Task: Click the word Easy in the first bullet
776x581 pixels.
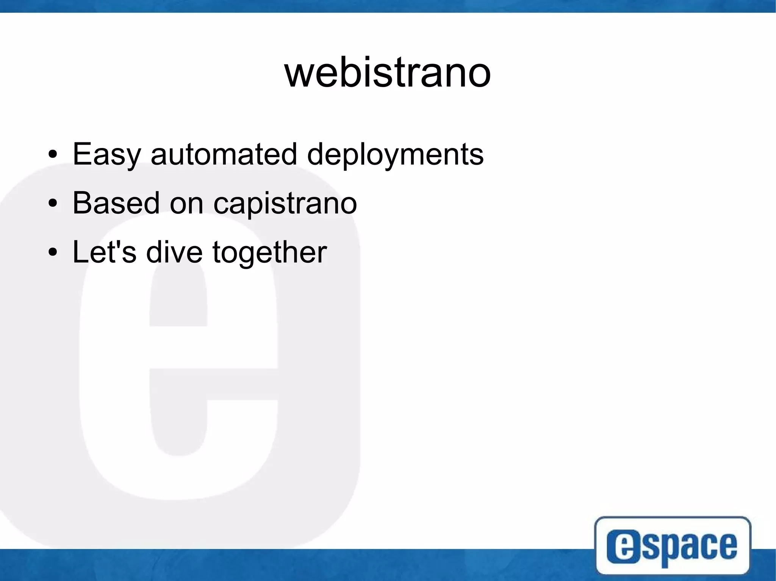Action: [106, 154]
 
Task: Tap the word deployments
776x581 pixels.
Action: [395, 154]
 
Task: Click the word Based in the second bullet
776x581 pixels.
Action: [116, 203]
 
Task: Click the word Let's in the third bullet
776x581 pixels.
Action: [104, 252]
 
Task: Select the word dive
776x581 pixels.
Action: [174, 252]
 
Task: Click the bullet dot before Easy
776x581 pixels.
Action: [53, 155]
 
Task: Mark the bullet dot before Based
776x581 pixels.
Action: [53, 204]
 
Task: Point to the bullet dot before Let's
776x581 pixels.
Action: [53, 252]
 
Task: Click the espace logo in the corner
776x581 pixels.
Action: [673, 545]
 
